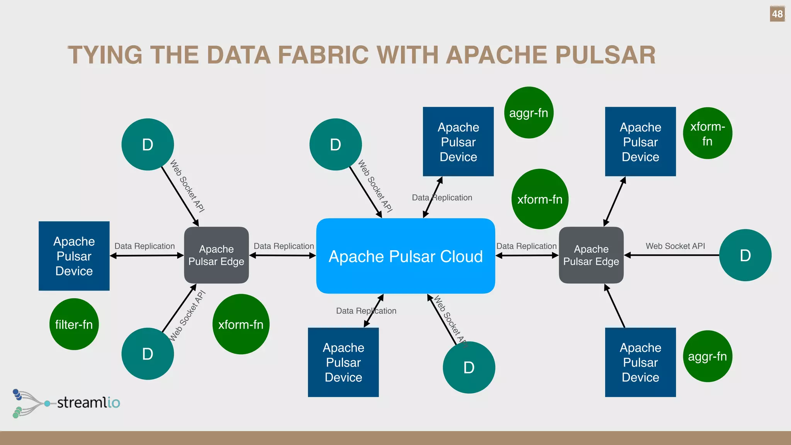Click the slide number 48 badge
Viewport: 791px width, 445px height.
click(x=777, y=14)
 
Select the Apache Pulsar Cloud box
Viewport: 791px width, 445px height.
click(x=406, y=256)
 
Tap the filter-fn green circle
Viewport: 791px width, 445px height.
click(x=74, y=324)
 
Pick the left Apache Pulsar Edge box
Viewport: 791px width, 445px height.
click(x=216, y=255)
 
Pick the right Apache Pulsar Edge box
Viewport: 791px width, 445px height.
click(x=591, y=255)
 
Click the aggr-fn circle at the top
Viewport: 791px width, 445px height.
click(x=529, y=113)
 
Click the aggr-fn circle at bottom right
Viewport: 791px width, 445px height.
click(x=707, y=356)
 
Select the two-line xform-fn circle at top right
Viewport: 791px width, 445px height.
click(x=707, y=133)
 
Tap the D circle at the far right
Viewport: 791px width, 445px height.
click(x=745, y=255)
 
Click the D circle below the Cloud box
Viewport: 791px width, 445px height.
click(x=469, y=367)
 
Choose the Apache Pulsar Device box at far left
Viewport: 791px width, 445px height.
click(x=74, y=256)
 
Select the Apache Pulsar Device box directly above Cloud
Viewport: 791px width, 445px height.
click(x=458, y=142)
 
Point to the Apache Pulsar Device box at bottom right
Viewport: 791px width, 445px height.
click(x=640, y=362)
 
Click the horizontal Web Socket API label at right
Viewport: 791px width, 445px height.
click(x=675, y=246)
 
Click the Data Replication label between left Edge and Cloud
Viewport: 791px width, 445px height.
click(x=284, y=246)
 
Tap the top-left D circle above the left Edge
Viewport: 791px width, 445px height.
click(x=148, y=144)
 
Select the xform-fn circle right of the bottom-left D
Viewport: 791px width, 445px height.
click(x=241, y=324)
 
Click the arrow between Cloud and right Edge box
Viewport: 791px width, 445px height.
click(x=527, y=255)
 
